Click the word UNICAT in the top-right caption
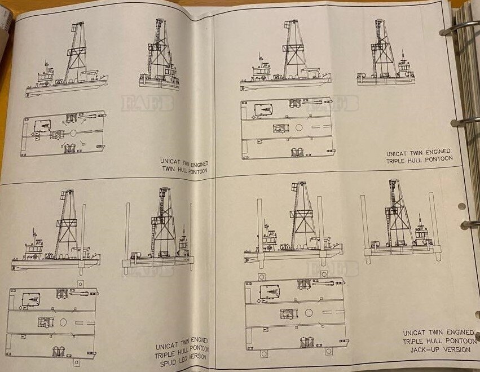[397, 154]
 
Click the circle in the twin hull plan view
[73, 133]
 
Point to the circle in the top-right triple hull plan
[299, 127]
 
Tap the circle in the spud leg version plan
[63, 322]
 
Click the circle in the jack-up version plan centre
[309, 313]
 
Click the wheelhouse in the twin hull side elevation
[46, 74]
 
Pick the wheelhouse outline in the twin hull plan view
[42, 126]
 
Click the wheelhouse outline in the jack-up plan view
[270, 291]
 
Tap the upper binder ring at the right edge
[460, 27]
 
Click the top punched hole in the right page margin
[462, 206]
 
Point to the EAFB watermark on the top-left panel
[147, 103]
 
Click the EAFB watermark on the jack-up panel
[332, 269]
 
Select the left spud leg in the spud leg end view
[127, 238]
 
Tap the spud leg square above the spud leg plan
[80, 284]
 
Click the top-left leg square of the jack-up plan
[261, 277]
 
